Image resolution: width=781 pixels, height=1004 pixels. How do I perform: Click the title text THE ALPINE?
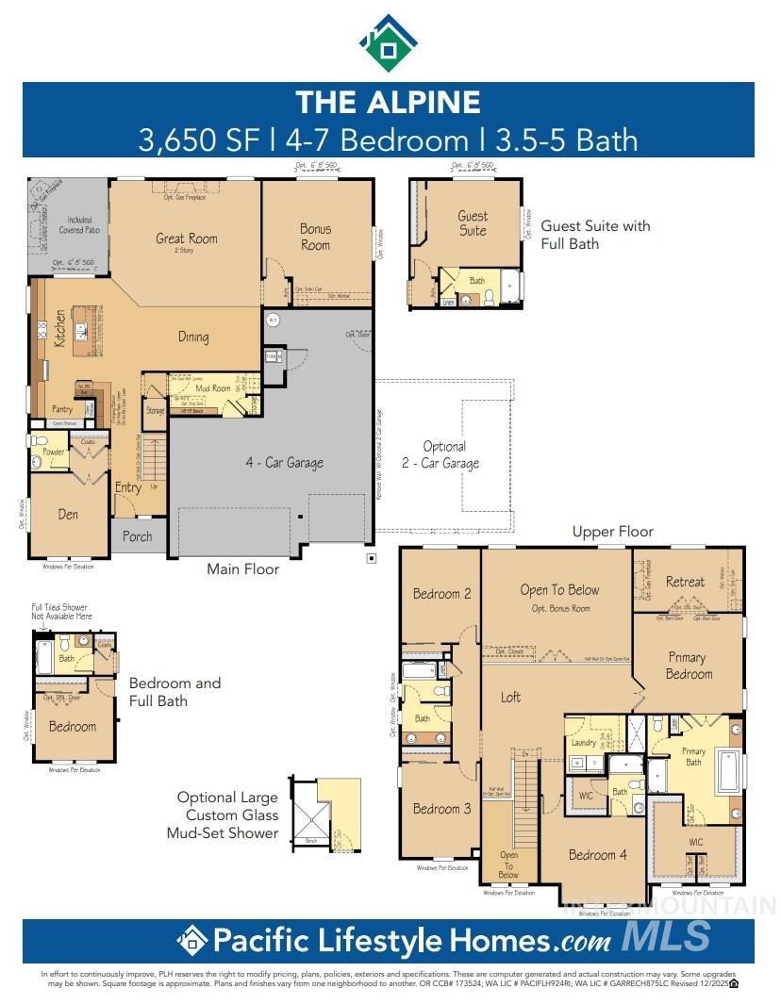[x=388, y=102]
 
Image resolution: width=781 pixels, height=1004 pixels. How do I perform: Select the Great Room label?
[x=187, y=239]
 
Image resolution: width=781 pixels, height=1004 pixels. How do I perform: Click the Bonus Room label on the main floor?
[x=316, y=237]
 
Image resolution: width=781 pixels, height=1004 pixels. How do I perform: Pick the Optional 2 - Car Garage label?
[x=444, y=454]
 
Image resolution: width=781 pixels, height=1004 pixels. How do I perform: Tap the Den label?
[x=68, y=515]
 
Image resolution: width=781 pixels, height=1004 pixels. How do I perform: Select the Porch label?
[x=138, y=537]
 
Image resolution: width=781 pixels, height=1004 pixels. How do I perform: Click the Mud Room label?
[x=213, y=387]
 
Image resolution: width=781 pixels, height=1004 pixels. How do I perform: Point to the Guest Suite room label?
[x=473, y=223]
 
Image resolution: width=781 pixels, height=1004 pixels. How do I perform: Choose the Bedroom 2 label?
[x=441, y=594]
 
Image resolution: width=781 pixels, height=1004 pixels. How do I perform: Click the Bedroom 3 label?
[x=441, y=809]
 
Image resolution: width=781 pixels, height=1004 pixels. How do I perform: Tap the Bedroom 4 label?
[x=597, y=855]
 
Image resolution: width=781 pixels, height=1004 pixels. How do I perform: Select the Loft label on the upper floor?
[x=510, y=697]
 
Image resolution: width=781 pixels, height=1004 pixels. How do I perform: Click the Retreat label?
[x=685, y=582]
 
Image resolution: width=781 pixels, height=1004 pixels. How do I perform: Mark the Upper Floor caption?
[x=613, y=532]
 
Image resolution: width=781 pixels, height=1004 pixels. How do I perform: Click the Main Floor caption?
[x=243, y=568]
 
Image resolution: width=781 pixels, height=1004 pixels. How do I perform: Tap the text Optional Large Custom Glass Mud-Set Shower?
[x=227, y=815]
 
